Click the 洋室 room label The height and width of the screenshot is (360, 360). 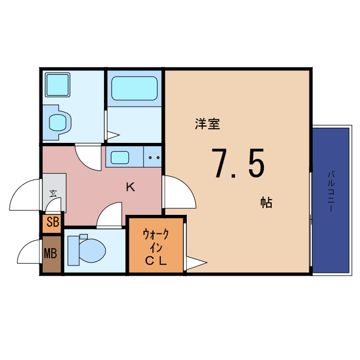(207, 124)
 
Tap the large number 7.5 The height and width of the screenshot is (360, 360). (237, 162)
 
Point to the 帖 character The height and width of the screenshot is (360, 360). (266, 202)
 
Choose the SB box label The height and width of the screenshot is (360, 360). (52, 222)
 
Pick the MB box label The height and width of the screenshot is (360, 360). (51, 254)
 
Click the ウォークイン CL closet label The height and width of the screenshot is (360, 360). (156, 246)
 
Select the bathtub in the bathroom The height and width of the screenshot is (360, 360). (134, 88)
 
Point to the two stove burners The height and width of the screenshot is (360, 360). (154, 157)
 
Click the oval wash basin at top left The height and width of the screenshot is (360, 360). (58, 121)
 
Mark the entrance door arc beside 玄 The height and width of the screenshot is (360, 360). (26, 195)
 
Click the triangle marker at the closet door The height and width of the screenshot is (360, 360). (196, 262)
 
